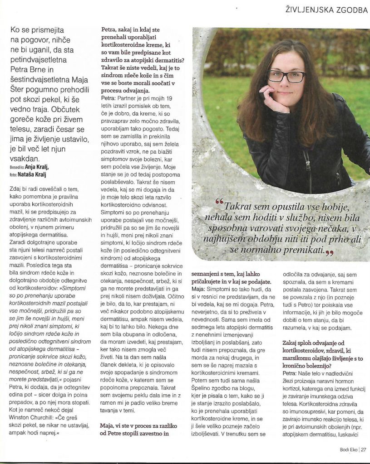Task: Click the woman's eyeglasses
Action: [x=286, y=76]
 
